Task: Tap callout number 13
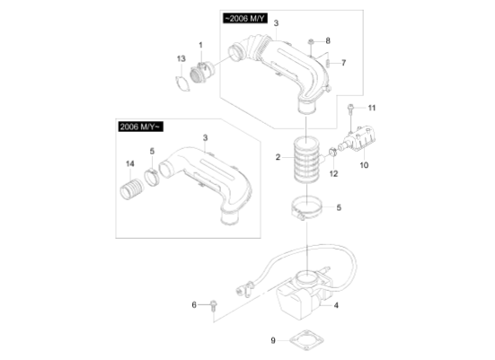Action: (181, 58)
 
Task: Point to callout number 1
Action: (201, 44)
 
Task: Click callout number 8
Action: (328, 41)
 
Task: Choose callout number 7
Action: (342, 63)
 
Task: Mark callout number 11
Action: (372, 109)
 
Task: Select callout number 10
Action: (365, 165)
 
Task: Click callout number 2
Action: (278, 158)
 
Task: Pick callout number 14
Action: (130, 162)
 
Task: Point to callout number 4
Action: (336, 306)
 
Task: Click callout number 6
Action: (193, 305)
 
